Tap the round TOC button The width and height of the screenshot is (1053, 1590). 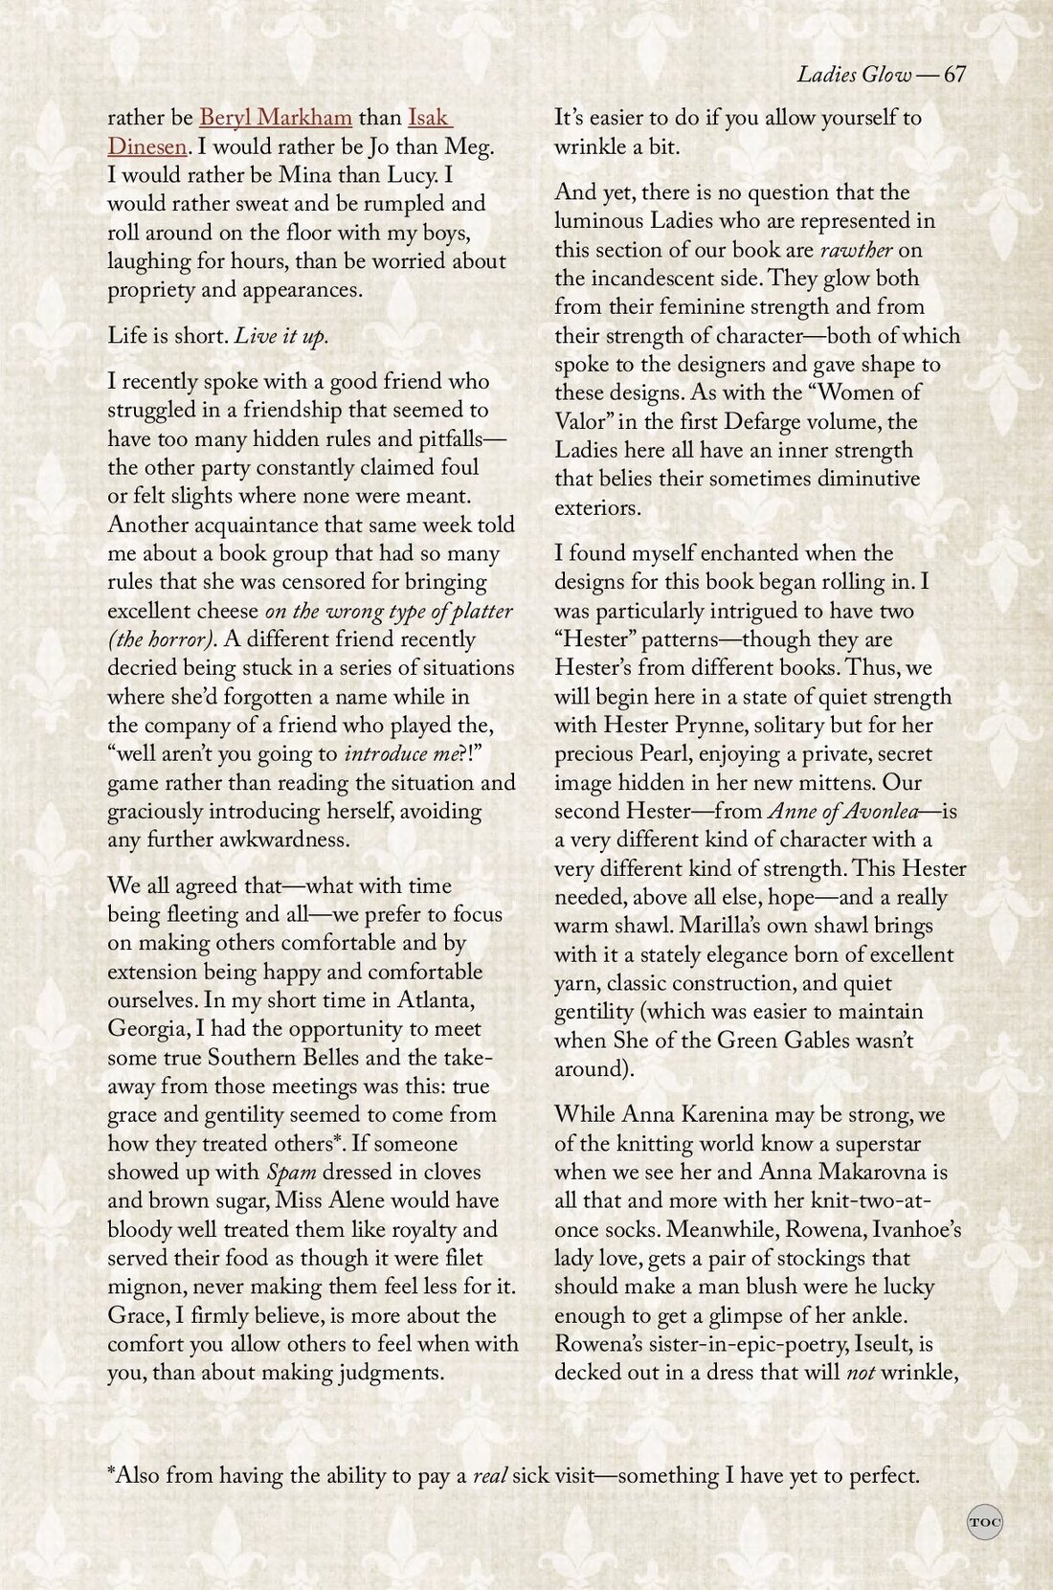[x=985, y=1522]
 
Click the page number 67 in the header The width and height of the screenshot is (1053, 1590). [x=954, y=76]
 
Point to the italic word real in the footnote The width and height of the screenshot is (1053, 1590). [x=489, y=1475]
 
